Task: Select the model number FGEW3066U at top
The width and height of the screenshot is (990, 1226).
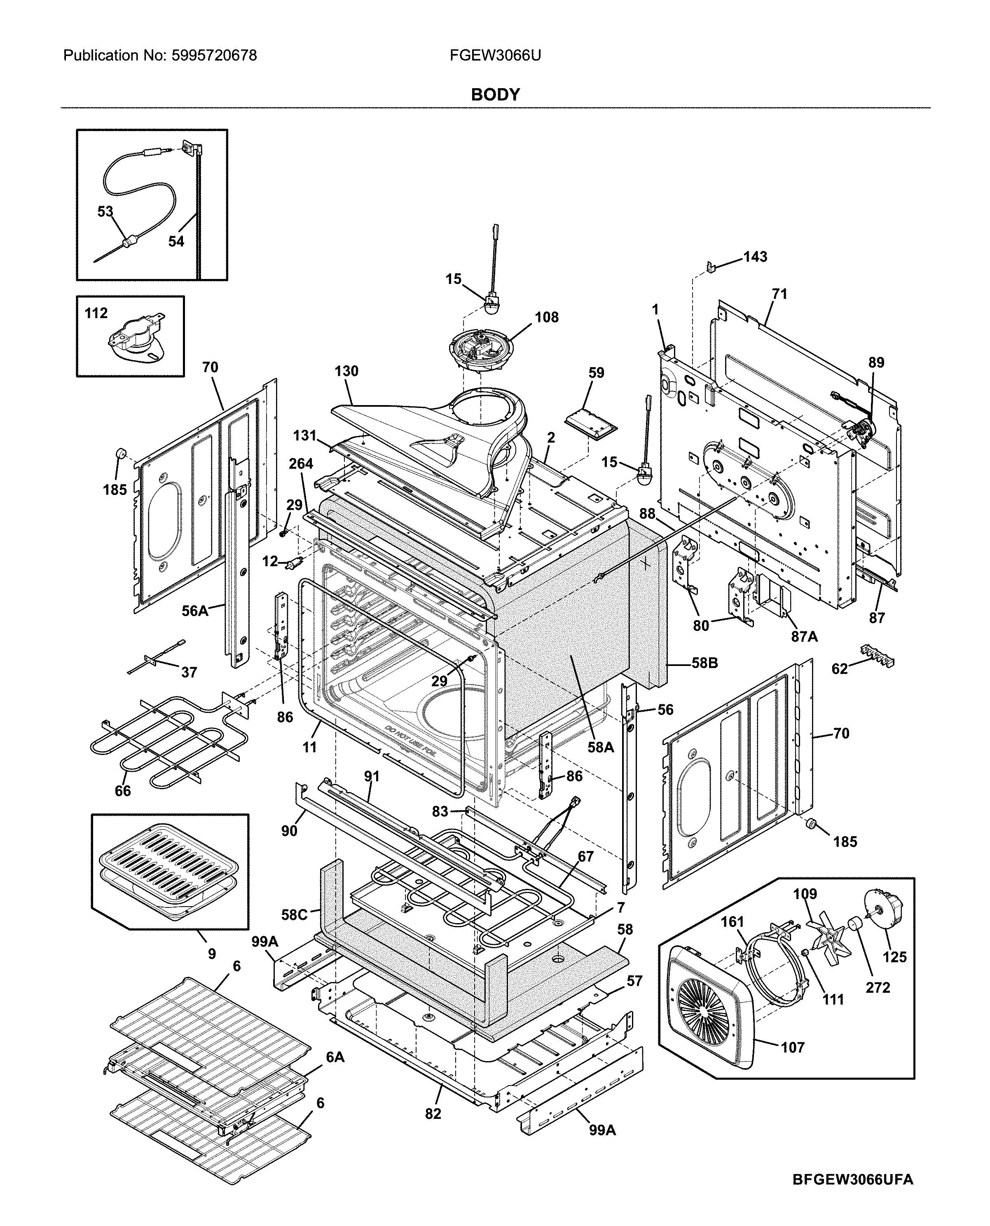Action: pos(495,55)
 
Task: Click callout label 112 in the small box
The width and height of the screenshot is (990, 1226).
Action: pos(96,313)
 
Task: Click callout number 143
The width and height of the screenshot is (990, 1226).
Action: pos(755,257)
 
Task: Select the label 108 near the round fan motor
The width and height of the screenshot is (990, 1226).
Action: pos(546,317)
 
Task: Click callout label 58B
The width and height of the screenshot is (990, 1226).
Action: pos(705,663)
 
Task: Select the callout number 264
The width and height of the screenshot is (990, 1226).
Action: pos(300,463)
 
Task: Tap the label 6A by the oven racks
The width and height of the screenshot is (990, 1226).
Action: pos(335,1057)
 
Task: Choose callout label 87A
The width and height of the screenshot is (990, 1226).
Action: pos(804,637)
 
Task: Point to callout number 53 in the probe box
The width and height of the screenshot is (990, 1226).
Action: pos(105,212)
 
